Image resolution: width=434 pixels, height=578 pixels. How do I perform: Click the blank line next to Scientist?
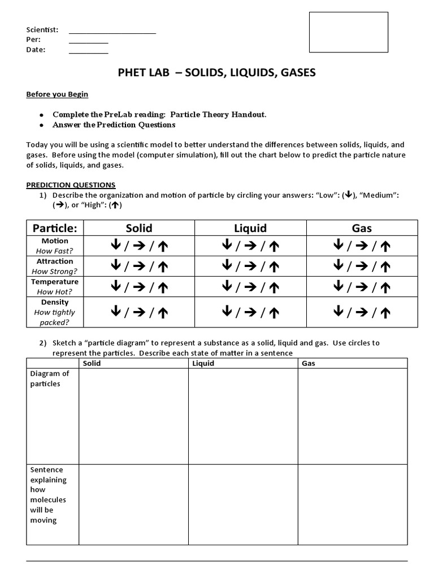(112, 32)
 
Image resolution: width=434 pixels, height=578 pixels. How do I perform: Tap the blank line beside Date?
(88, 52)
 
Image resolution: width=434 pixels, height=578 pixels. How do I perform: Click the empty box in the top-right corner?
(348, 32)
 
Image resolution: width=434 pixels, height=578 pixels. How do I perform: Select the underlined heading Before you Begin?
(57, 94)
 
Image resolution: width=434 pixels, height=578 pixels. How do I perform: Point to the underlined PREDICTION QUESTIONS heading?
(71, 185)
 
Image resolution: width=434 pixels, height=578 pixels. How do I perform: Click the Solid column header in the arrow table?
(139, 228)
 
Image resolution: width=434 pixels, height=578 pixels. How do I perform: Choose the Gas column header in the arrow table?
(362, 228)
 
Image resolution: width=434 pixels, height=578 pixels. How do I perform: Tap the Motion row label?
(55, 241)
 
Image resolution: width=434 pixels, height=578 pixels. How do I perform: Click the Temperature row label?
(55, 282)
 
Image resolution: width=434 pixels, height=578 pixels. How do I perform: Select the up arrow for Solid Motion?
(162, 246)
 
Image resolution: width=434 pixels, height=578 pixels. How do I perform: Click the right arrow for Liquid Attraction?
(251, 266)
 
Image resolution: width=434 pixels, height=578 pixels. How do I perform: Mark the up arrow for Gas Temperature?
(385, 286)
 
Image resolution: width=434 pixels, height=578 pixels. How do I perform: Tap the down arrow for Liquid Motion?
(227, 246)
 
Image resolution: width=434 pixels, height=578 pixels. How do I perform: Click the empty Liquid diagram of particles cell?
(243, 416)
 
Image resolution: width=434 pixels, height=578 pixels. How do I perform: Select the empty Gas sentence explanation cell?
(352, 504)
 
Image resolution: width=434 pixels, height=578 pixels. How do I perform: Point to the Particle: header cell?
(55, 228)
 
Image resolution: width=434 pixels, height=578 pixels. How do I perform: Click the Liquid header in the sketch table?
(203, 363)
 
